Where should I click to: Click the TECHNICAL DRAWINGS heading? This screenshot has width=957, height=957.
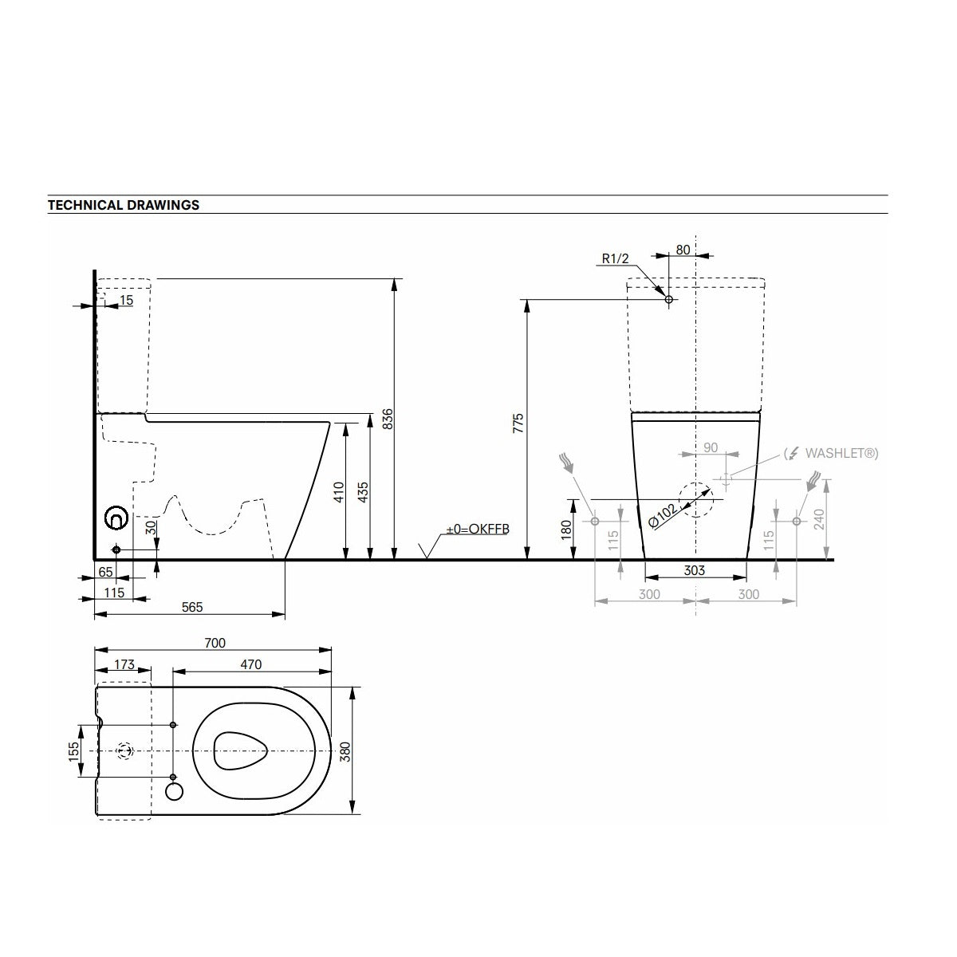pos(124,205)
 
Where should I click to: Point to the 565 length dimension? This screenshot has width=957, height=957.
pos(192,607)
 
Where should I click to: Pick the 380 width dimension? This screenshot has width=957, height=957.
pos(345,751)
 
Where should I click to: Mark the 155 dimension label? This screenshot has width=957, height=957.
pos(73,751)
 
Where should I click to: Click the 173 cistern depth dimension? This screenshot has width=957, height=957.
pos(123,664)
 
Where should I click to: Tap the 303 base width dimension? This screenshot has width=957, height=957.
pos(695,571)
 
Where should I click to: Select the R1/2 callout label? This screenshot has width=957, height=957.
pos(616,258)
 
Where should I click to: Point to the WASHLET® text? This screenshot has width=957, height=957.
pos(841,453)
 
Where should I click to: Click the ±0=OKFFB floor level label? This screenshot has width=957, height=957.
pos(477,529)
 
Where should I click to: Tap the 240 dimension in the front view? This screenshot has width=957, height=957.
pos(819,520)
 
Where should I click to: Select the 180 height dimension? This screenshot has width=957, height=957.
pos(565,528)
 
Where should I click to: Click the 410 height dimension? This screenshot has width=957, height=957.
pos(338,492)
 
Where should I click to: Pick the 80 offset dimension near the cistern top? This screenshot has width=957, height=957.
pos(683,249)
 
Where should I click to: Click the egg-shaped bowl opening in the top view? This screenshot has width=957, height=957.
pos(242,750)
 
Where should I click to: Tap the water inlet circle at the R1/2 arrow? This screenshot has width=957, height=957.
pos(669,300)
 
